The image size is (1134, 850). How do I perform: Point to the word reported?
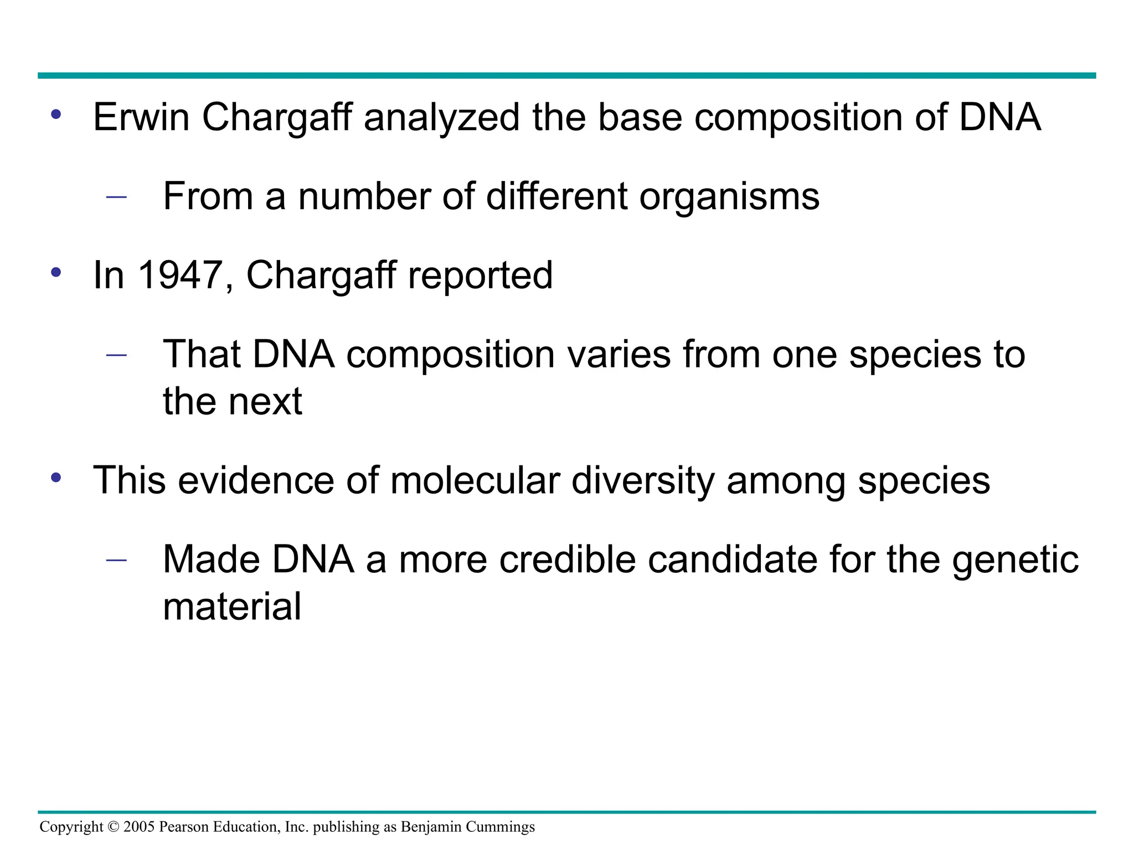click(480, 276)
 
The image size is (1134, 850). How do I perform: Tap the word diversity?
click(642, 481)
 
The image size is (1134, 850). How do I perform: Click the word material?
click(232, 607)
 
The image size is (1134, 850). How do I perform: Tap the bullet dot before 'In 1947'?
click(55, 272)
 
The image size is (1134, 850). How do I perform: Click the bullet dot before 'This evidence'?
click(55, 477)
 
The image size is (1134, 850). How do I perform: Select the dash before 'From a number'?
click(116, 196)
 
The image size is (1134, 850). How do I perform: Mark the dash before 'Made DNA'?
click(116, 559)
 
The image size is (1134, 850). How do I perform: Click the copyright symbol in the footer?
click(114, 827)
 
